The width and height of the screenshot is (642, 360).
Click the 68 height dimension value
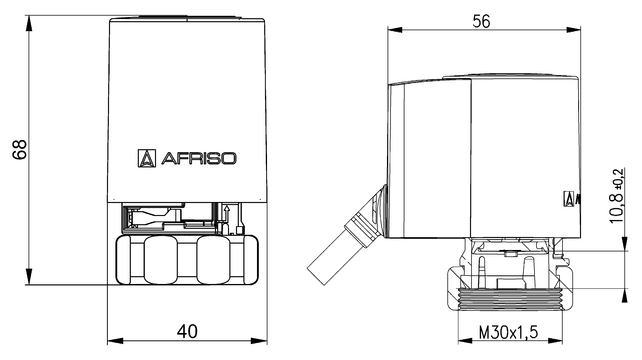click(x=17, y=148)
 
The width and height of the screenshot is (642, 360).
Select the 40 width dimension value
click(x=188, y=329)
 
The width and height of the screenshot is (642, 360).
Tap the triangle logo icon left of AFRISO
click(x=145, y=157)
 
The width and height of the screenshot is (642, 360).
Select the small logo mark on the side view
click(x=569, y=197)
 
